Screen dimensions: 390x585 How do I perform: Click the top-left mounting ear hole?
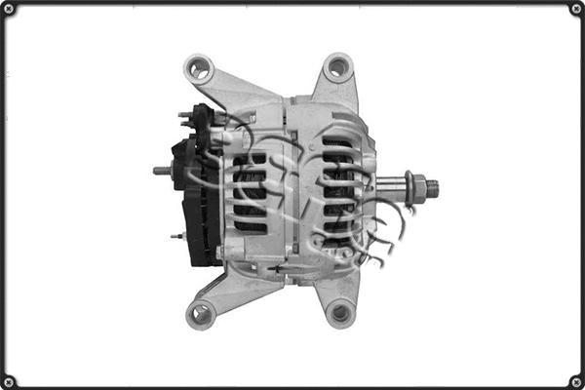click(199, 69)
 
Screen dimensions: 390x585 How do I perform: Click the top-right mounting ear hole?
click(337, 67)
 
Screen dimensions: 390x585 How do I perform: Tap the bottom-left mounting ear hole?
click(200, 314)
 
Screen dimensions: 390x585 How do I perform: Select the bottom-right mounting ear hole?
click(339, 313)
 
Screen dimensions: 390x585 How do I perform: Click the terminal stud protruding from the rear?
click(162, 171)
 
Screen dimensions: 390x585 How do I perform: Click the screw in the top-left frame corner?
click(9, 9)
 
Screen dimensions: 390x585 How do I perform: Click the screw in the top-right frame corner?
click(575, 9)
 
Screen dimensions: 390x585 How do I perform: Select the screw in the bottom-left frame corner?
click(9, 380)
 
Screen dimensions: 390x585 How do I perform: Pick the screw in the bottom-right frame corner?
click(575, 380)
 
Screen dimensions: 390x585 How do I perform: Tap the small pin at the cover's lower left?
click(176, 235)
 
